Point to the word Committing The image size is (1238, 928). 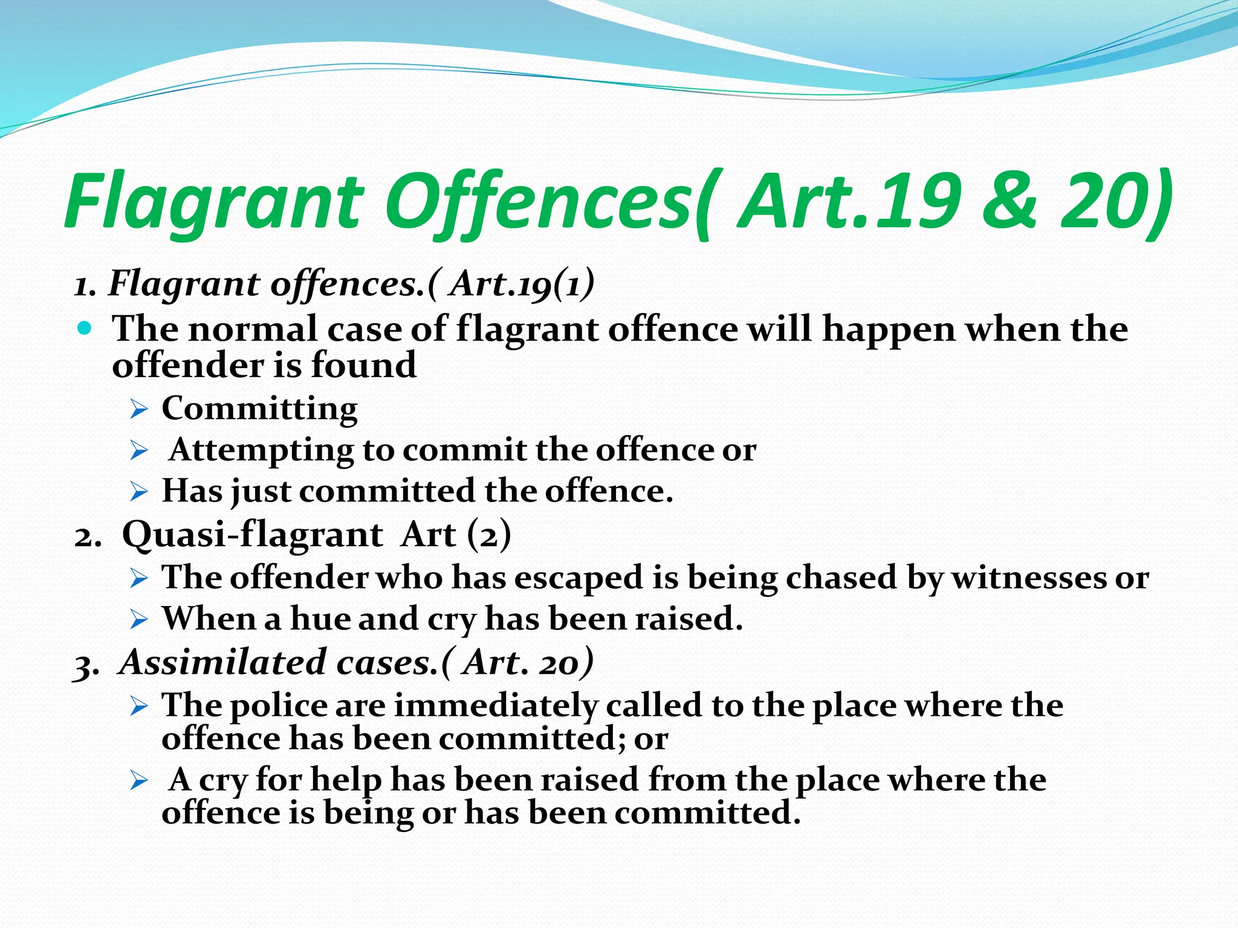click(x=259, y=409)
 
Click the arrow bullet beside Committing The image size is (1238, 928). click(x=139, y=411)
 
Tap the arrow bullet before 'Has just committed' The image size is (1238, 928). click(x=139, y=492)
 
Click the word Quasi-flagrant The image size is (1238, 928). click(x=252, y=535)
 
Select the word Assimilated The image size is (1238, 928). click(x=224, y=662)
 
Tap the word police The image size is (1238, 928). click(x=278, y=705)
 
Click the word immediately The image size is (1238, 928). click(x=496, y=706)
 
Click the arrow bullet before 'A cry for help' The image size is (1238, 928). click(x=139, y=782)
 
